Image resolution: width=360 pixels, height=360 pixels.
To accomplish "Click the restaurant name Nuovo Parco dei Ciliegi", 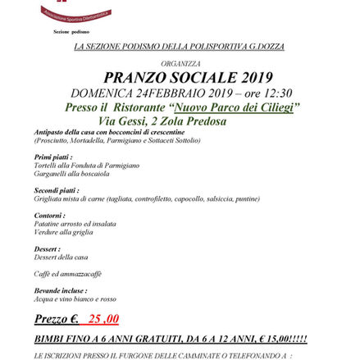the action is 233,106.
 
